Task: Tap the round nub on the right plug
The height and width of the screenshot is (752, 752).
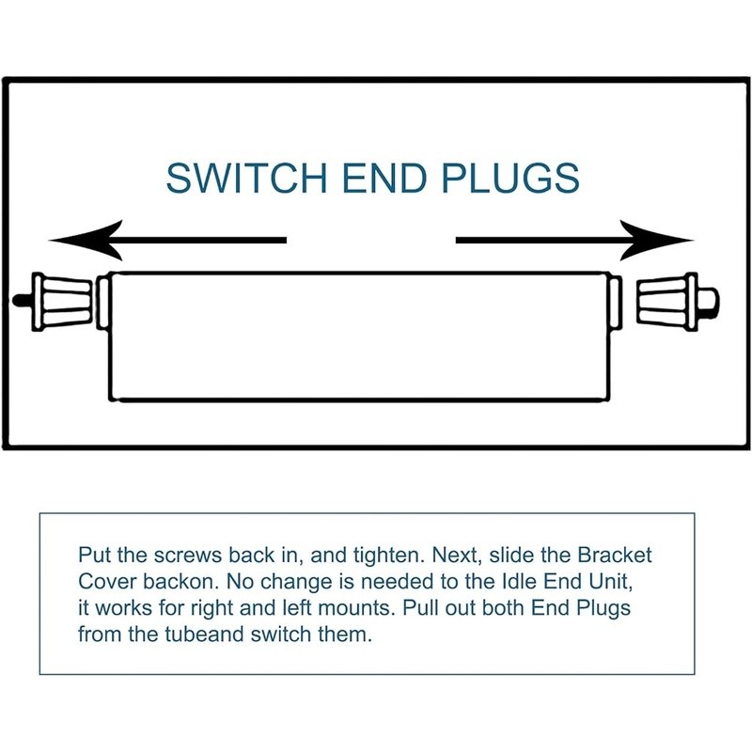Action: [712, 301]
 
